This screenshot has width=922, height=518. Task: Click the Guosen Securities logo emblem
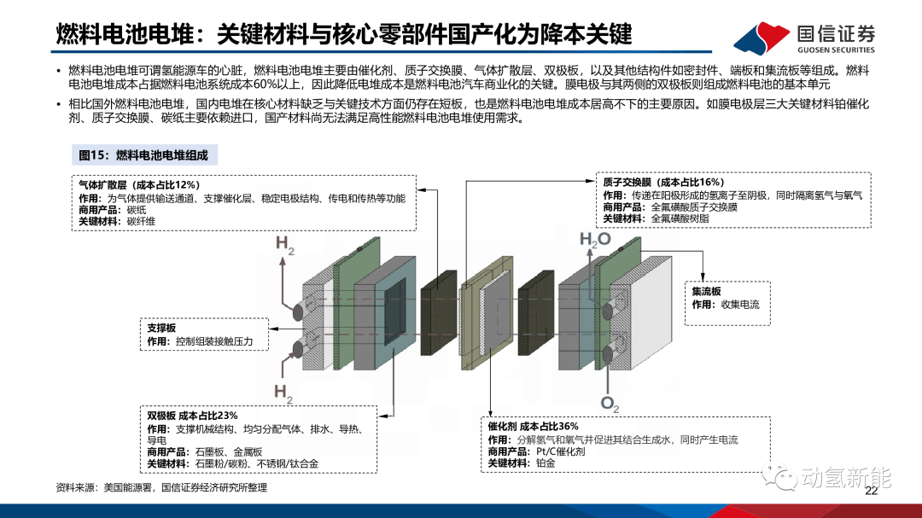762,38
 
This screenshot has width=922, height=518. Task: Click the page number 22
871,491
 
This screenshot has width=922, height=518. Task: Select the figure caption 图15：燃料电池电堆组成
143,155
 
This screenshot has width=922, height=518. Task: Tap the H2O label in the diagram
595,239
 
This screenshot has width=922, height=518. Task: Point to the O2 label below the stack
610,404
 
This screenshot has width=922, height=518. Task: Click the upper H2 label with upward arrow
284,245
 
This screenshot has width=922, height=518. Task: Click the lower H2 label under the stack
283,393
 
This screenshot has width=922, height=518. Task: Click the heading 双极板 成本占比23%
192,416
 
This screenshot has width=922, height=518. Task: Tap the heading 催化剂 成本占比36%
533,427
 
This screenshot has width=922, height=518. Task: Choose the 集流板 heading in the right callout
706,291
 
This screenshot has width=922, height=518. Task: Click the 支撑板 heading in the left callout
161,328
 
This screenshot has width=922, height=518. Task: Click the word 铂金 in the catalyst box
545,463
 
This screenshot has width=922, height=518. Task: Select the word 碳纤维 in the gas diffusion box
141,222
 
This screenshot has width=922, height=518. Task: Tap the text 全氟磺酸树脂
680,218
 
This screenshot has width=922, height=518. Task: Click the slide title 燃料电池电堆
125,35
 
